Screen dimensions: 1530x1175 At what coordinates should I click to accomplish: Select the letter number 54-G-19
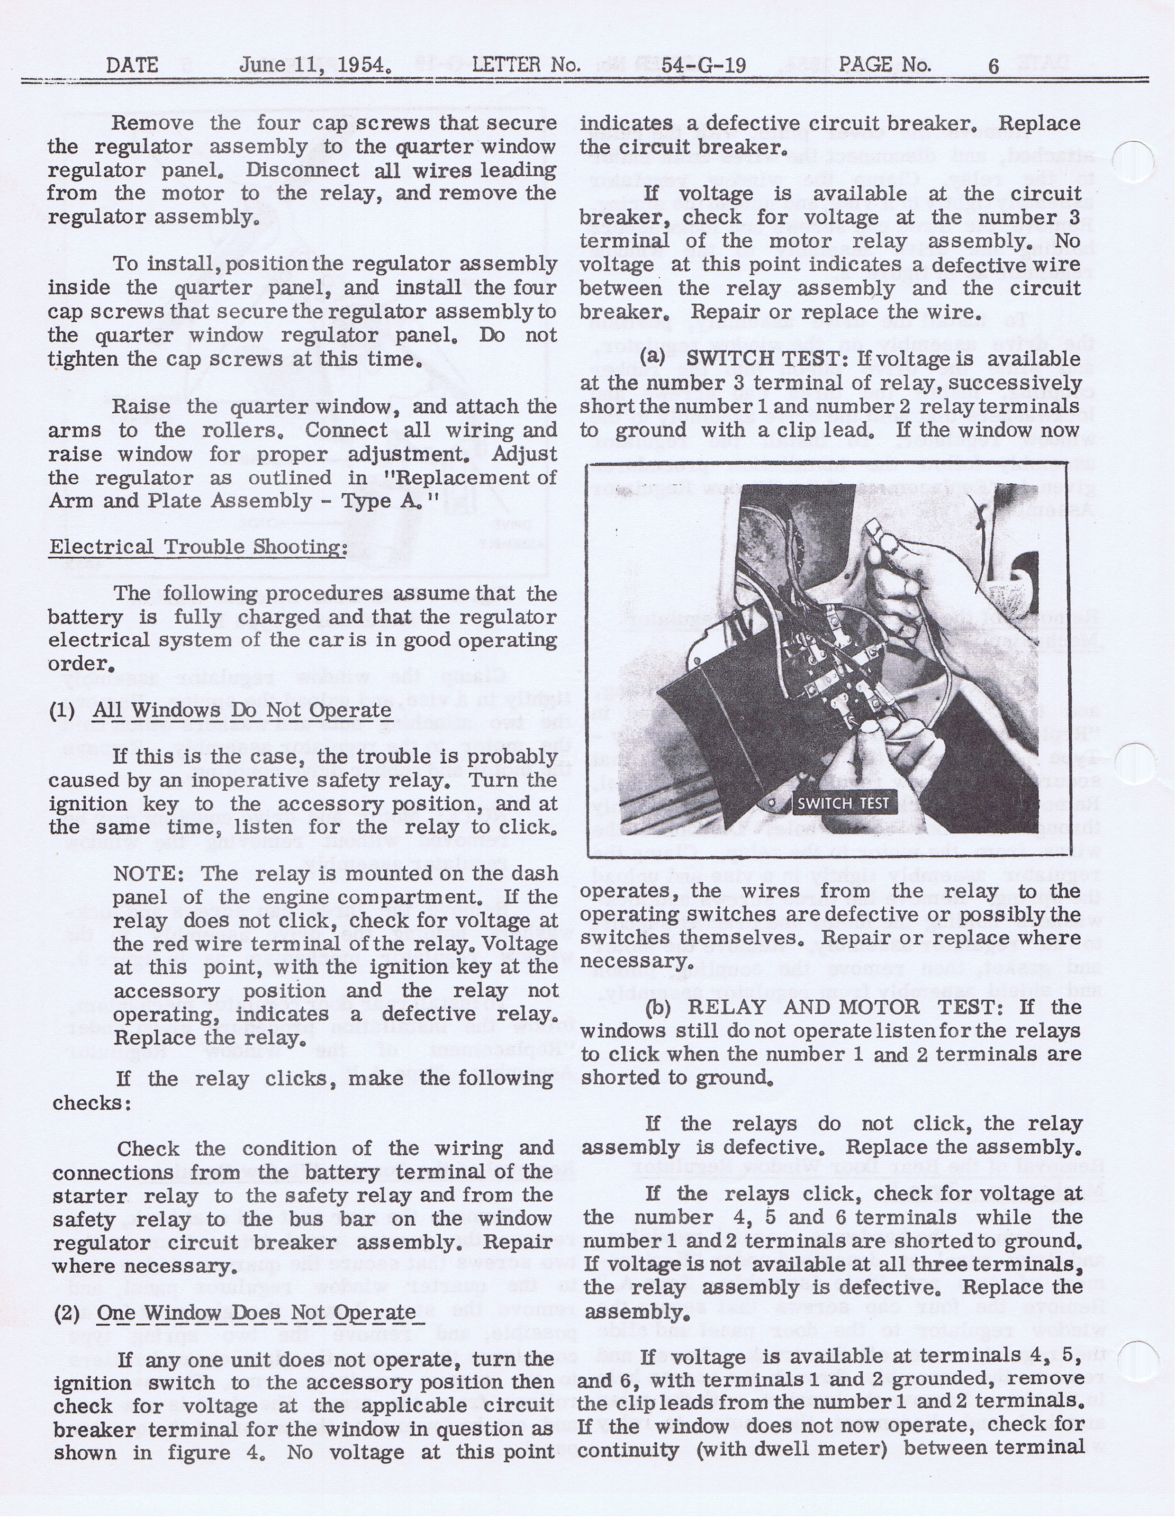[704, 66]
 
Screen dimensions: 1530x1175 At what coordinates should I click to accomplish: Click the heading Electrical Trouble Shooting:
[198, 547]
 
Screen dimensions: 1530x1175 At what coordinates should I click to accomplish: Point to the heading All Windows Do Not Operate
[242, 710]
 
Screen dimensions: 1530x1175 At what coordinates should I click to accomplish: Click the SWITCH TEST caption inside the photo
[843, 804]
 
